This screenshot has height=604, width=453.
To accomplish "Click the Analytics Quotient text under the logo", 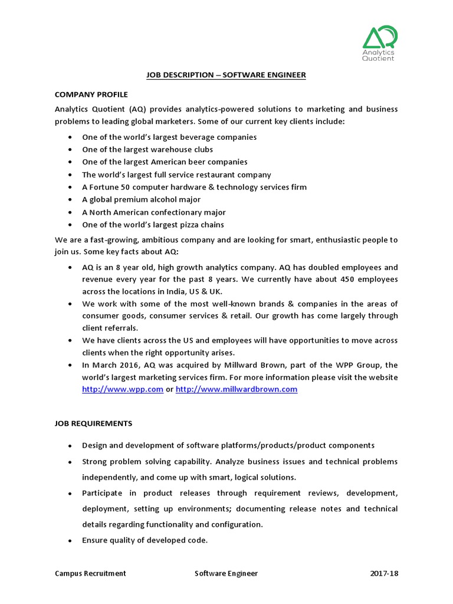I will pos(379,55).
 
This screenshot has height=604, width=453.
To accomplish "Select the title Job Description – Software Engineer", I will pos(226,75).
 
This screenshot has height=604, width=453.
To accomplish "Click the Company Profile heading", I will pos(91,94).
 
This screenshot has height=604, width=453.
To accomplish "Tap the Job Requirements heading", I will pos(94,424).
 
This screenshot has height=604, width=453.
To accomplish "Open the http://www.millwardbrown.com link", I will pos(237,389).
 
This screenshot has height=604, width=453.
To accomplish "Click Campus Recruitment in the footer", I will pos(90,573).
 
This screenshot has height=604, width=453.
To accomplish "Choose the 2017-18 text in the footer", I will pos(384,573).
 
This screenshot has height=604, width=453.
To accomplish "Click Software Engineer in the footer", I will pos(226,573).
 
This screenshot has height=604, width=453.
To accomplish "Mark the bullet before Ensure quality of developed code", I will pos(70,541).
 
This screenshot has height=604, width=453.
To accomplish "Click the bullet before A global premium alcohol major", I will pos(70,200).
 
